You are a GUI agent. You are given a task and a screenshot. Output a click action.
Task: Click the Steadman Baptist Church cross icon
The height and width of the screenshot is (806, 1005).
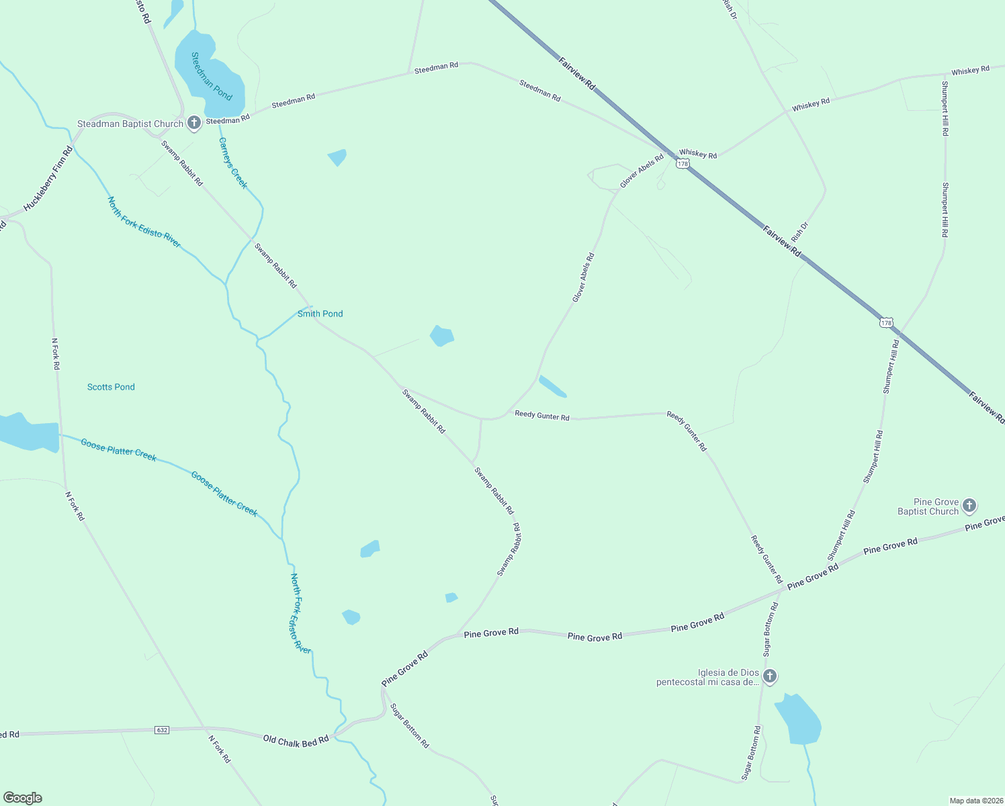click(194, 123)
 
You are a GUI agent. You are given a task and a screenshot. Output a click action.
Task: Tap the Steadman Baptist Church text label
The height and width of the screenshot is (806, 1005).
click(130, 124)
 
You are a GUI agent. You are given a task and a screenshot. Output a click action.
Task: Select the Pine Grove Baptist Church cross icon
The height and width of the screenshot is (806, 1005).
click(969, 505)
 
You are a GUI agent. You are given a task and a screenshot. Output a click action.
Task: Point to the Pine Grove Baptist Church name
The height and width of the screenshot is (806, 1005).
click(928, 507)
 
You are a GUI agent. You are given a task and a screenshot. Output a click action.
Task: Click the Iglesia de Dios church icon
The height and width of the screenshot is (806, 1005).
click(770, 676)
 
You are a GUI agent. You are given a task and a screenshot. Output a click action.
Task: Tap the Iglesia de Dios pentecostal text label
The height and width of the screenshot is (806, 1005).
click(708, 678)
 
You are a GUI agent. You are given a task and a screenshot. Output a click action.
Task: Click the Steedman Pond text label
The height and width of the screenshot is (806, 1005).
click(212, 77)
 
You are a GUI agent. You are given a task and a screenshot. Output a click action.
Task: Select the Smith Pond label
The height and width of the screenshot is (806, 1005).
click(320, 314)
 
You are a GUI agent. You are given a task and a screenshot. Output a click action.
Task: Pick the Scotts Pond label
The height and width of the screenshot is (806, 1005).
click(111, 387)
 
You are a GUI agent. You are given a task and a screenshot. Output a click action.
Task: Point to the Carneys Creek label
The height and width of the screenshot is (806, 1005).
click(233, 163)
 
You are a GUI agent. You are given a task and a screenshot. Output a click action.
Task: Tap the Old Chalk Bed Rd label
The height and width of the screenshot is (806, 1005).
click(296, 740)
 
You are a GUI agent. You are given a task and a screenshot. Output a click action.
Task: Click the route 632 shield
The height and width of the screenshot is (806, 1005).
click(161, 729)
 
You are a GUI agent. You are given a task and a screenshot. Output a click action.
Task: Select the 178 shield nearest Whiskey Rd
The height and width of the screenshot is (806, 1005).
click(683, 164)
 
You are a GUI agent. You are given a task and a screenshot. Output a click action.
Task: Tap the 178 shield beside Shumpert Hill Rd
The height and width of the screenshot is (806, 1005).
click(887, 323)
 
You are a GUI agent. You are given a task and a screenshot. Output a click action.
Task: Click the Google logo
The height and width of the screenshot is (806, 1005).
click(23, 798)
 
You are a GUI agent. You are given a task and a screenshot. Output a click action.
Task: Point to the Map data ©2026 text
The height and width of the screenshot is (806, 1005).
click(975, 801)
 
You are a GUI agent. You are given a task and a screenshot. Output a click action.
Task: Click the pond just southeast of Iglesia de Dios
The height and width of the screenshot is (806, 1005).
click(798, 721)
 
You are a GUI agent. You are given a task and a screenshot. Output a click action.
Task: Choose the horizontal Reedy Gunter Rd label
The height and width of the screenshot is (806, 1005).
click(542, 416)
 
